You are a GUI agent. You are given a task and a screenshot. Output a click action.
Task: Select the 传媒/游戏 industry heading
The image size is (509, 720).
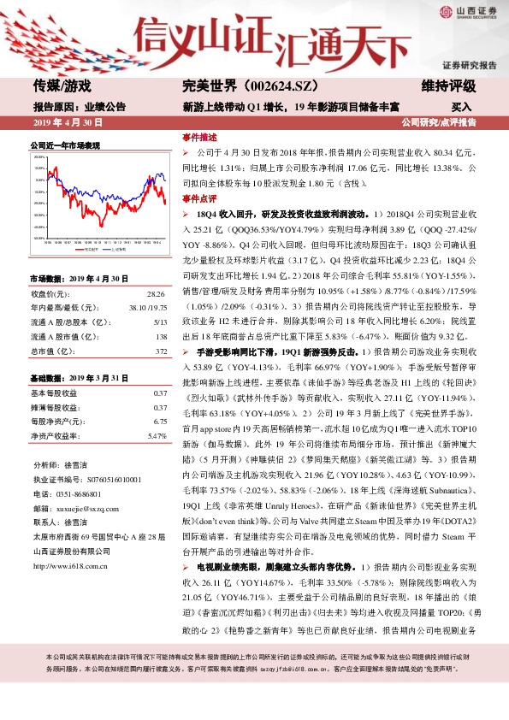[x=62, y=86]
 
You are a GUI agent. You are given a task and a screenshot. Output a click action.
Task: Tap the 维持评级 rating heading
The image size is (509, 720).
[x=448, y=86]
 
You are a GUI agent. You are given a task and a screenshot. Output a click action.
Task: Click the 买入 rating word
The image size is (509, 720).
[x=461, y=107]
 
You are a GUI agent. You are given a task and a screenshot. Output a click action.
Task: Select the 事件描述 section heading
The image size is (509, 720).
[x=199, y=137]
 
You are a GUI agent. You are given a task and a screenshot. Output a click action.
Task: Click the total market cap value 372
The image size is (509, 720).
[x=160, y=351]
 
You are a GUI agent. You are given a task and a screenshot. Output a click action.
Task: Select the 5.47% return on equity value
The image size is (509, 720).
[x=156, y=436]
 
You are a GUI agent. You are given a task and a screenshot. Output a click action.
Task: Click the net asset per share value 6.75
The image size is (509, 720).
[x=158, y=422]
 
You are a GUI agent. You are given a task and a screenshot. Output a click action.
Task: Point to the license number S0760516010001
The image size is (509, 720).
[x=111, y=480]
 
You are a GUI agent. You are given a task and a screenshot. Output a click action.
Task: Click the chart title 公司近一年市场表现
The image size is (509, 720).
[x=65, y=145]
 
